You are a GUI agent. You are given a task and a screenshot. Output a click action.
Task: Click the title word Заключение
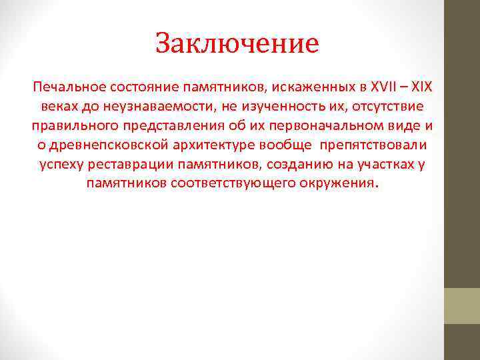point(237,44)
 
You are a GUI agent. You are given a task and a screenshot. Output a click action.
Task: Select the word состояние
point(141,87)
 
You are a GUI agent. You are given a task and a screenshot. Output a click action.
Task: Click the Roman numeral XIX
point(421,87)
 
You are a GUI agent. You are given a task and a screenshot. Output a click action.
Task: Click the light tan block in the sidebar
point(462,306)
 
